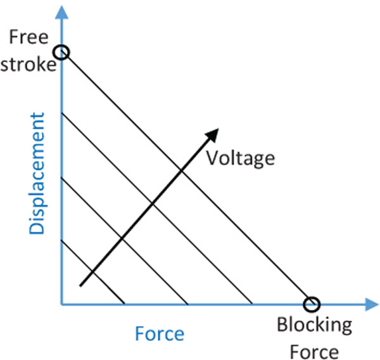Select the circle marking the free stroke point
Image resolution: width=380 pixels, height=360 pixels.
[x=62, y=52]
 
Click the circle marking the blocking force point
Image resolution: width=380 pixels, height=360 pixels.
[x=310, y=304]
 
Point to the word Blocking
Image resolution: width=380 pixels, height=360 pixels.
[x=314, y=326]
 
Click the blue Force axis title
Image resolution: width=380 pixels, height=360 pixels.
[x=160, y=333]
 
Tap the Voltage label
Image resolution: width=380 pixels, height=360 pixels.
[x=241, y=158]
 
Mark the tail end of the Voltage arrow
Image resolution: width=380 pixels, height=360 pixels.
[x=81, y=286]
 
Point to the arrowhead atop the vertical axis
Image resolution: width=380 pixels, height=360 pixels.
[x=61, y=9]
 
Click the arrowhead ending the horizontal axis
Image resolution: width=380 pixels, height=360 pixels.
[x=372, y=305]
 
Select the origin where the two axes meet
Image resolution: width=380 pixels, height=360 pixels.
[x=62, y=305]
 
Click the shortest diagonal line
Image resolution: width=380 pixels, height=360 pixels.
[x=92, y=273]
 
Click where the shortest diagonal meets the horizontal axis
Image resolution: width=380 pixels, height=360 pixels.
[x=124, y=304]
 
